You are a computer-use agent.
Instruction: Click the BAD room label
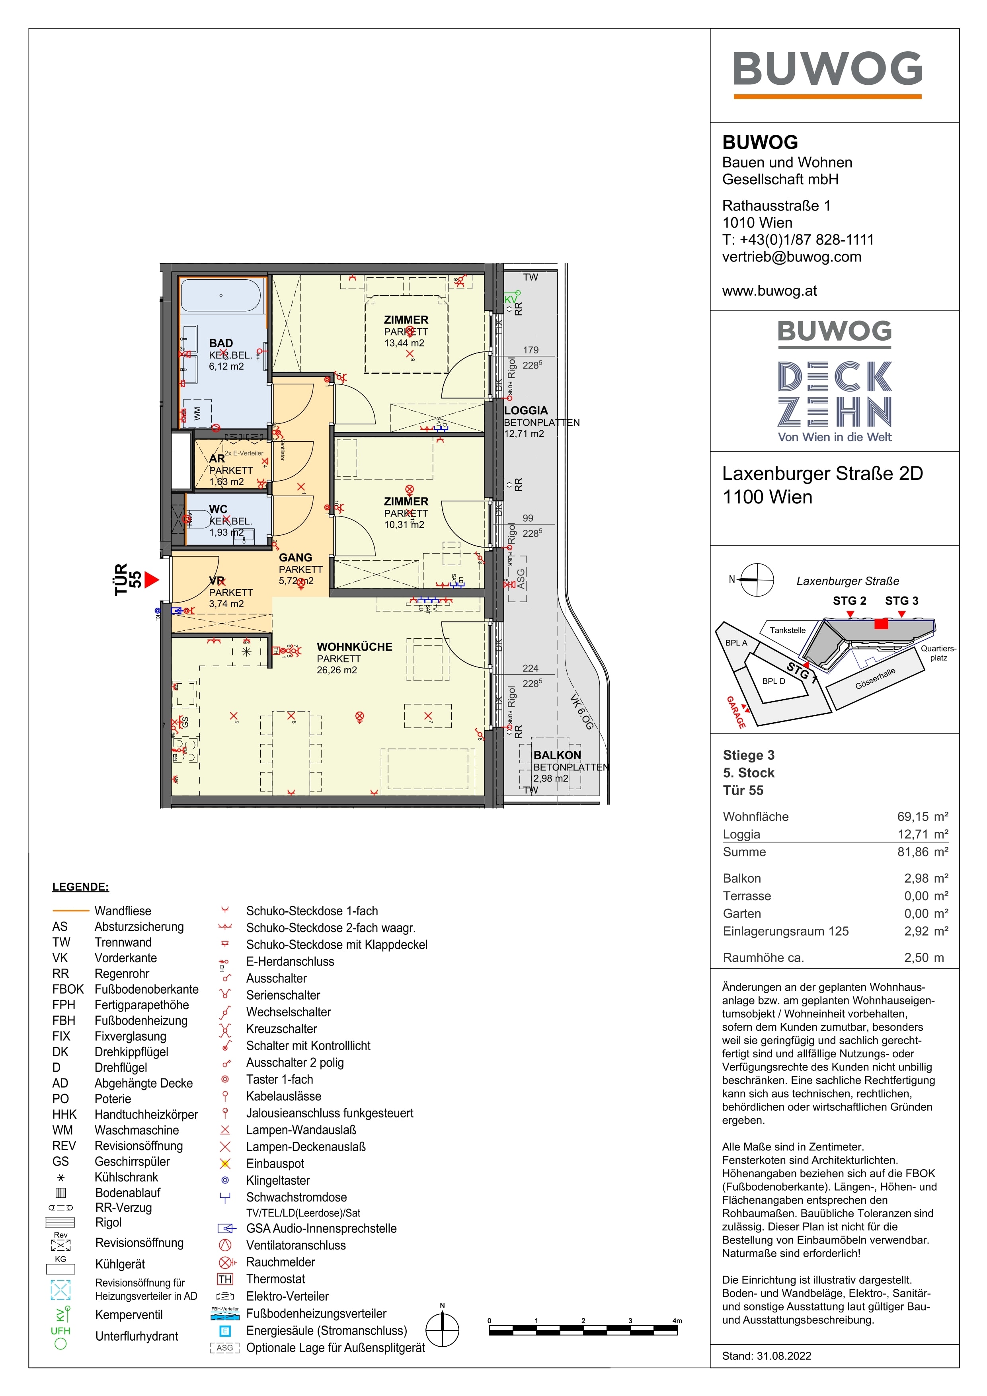(221, 343)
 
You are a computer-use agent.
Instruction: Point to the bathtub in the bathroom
(221, 296)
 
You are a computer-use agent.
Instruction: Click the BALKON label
(557, 755)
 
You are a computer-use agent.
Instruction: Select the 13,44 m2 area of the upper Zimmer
(404, 343)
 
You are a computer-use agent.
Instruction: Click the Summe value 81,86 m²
(922, 852)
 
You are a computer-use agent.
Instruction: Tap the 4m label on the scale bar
(677, 1321)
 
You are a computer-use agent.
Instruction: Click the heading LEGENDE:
(80, 887)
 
